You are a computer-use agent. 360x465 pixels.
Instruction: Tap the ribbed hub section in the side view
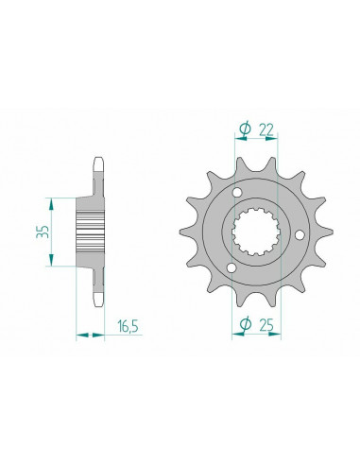tap(92, 232)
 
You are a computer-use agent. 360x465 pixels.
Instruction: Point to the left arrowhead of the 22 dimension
tap(234, 140)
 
